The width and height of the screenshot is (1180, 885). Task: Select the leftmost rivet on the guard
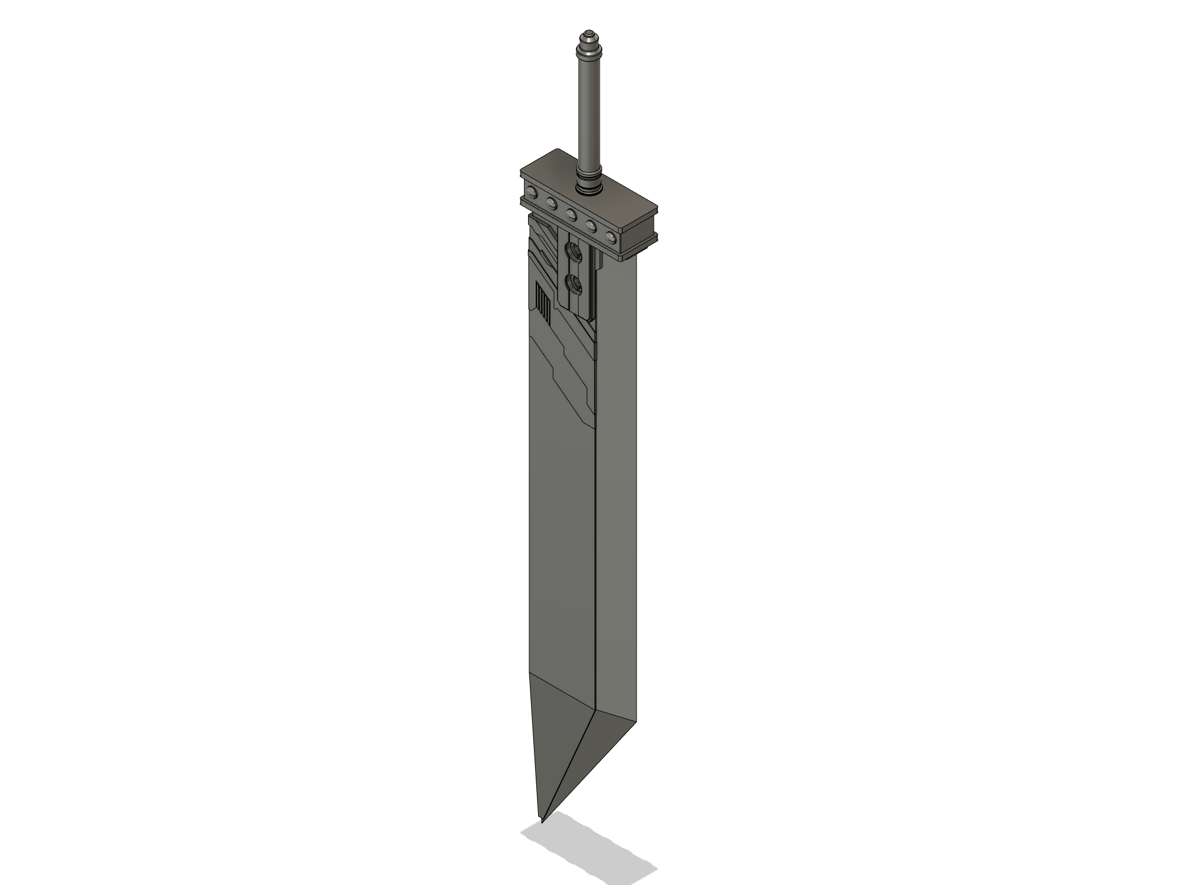(533, 192)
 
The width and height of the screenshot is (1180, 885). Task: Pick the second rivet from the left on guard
(552, 203)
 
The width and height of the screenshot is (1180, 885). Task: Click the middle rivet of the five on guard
(571, 214)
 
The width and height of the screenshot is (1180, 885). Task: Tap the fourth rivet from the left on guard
(591, 226)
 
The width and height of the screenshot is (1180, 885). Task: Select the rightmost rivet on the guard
(611, 238)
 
